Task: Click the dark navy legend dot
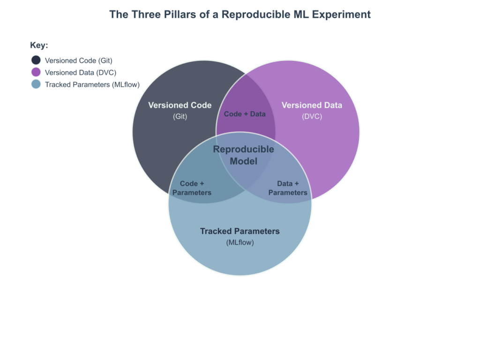click(36, 60)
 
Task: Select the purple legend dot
click(36, 72)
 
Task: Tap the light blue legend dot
click(36, 84)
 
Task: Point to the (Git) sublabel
click(180, 117)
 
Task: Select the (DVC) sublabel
click(312, 117)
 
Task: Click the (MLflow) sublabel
click(240, 242)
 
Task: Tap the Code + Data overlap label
click(245, 114)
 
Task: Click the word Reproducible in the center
click(244, 150)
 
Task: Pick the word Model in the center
click(244, 161)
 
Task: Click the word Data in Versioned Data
click(333, 105)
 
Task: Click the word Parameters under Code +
click(192, 193)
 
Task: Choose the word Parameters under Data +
click(288, 193)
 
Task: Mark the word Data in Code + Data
click(258, 114)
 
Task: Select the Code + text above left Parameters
click(192, 184)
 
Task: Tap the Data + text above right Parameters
click(288, 184)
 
